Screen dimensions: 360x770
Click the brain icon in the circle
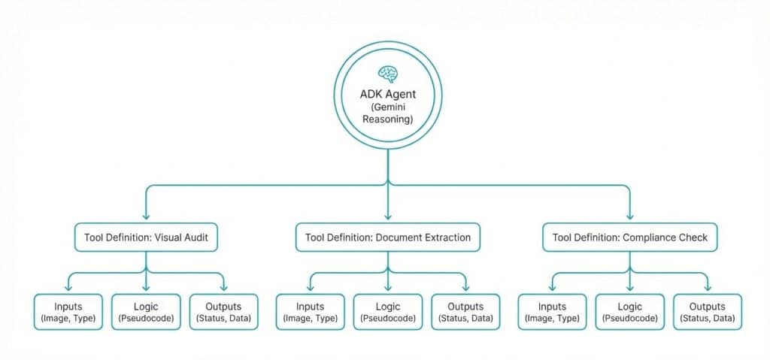[388, 74]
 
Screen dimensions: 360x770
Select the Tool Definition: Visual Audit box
[146, 237]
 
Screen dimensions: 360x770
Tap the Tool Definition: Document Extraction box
[388, 237]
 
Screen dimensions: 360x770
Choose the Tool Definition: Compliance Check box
[630, 237]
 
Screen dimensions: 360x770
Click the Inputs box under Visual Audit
[68, 312]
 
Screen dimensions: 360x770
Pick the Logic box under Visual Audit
[146, 312]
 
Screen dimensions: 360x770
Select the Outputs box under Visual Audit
[223, 312]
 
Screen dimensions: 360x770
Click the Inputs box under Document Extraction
[311, 312]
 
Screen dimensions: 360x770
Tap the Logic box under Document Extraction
[388, 312]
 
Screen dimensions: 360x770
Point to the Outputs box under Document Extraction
[465, 312]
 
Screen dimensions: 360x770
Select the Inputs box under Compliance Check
[553, 312]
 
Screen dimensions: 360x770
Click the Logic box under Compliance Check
[630, 312]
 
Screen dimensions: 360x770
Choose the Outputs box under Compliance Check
[708, 312]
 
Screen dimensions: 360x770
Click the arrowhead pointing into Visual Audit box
[146, 216]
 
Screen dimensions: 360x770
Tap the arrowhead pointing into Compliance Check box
[630, 216]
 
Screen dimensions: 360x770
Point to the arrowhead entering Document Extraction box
[388, 216]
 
